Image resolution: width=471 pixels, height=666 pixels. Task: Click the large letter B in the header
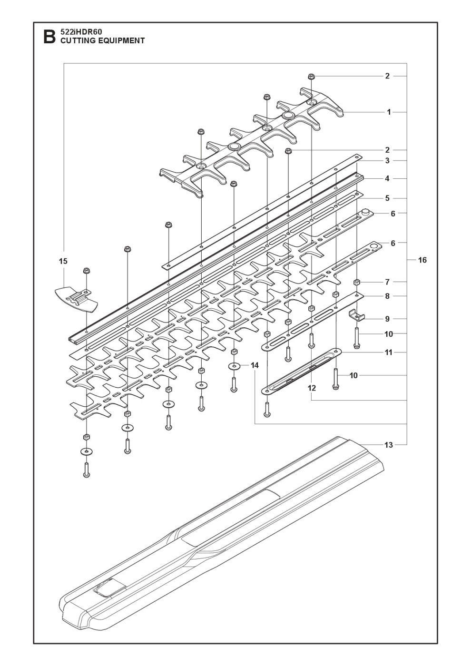pyautogui.click(x=49, y=37)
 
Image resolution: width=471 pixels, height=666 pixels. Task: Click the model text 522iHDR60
pyautogui.click(x=78, y=32)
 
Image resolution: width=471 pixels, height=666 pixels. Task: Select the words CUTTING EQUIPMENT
pyautogui.click(x=102, y=41)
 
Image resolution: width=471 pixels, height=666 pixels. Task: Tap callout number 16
pyautogui.click(x=422, y=260)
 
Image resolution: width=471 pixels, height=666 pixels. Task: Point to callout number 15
pyautogui.click(x=63, y=261)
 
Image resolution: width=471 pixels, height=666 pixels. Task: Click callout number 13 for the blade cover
pyautogui.click(x=389, y=445)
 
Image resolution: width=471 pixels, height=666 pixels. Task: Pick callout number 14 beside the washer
pyautogui.click(x=255, y=365)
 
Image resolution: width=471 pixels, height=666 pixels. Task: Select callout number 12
pyautogui.click(x=312, y=388)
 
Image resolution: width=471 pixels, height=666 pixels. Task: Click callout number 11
pyautogui.click(x=389, y=353)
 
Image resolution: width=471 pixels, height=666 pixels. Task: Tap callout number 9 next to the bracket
pyautogui.click(x=387, y=319)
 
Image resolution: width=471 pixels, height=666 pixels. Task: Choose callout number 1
pyautogui.click(x=389, y=112)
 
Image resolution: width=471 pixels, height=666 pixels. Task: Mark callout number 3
pyautogui.click(x=387, y=161)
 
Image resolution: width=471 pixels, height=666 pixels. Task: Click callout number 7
pyautogui.click(x=387, y=282)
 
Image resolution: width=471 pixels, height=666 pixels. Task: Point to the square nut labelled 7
pyautogui.click(x=356, y=283)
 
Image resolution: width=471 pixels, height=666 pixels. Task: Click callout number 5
pyautogui.click(x=387, y=198)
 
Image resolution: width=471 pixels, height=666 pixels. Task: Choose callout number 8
pyautogui.click(x=387, y=296)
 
